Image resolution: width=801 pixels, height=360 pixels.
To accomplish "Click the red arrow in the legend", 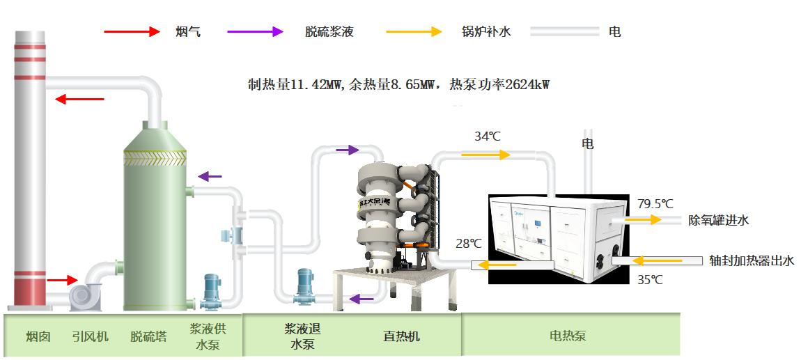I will [132, 31].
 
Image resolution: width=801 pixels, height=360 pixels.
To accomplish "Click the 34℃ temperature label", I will [488, 136].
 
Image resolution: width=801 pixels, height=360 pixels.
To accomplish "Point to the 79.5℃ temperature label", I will [655, 204].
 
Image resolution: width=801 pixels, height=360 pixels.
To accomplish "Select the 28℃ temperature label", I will [469, 244].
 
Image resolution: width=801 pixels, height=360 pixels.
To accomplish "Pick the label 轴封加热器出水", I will [752, 260].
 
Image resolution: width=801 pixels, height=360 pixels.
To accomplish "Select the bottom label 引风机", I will [90, 336].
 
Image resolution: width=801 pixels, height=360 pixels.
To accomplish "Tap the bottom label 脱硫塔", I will [148, 336].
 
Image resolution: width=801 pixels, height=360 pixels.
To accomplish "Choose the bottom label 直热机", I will [401, 336].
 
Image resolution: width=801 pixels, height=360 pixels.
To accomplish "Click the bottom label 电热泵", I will [568, 336].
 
